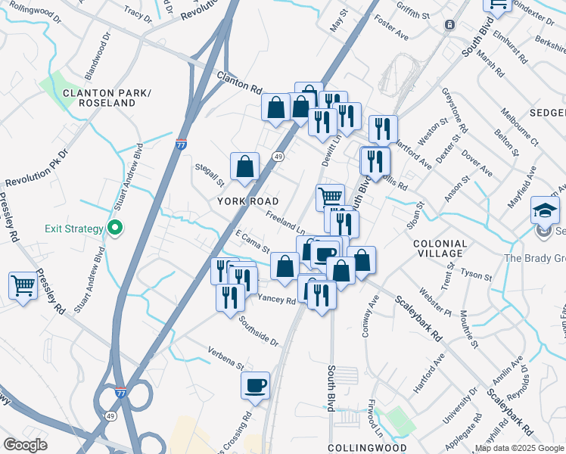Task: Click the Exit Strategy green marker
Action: click(x=115, y=228)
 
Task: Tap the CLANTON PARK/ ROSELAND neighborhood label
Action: click(x=107, y=98)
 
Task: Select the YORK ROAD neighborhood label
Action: click(x=248, y=201)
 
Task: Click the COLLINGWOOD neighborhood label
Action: click(x=363, y=448)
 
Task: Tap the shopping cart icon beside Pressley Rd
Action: click(x=23, y=286)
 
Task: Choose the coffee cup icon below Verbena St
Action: click(x=255, y=385)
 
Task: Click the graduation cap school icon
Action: click(x=545, y=210)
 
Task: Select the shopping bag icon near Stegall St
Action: click(x=245, y=166)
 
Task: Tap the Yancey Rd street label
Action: click(x=277, y=300)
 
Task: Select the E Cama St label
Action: click(x=253, y=242)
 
